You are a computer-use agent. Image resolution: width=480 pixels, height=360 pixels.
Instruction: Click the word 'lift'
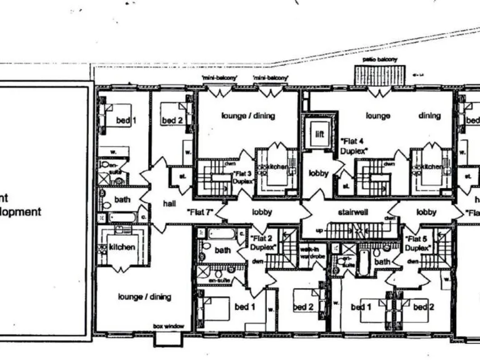319,134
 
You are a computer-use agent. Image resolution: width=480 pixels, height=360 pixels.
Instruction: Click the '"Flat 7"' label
201,212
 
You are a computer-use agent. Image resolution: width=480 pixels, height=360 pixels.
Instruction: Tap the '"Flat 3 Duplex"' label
242,177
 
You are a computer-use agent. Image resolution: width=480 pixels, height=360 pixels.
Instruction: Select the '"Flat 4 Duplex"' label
354,146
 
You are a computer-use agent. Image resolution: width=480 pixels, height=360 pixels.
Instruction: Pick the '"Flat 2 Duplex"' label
262,242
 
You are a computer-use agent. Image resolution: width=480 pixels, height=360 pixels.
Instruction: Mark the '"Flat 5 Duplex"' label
418,243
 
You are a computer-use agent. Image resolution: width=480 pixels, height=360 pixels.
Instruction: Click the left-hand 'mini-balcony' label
218,77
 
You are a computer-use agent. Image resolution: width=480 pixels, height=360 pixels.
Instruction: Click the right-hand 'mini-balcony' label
271,77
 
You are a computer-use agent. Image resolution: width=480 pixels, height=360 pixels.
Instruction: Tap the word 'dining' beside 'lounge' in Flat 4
429,116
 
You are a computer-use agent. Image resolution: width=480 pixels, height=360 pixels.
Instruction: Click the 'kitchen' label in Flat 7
122,247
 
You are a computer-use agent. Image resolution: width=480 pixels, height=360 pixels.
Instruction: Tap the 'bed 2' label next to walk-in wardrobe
303,307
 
